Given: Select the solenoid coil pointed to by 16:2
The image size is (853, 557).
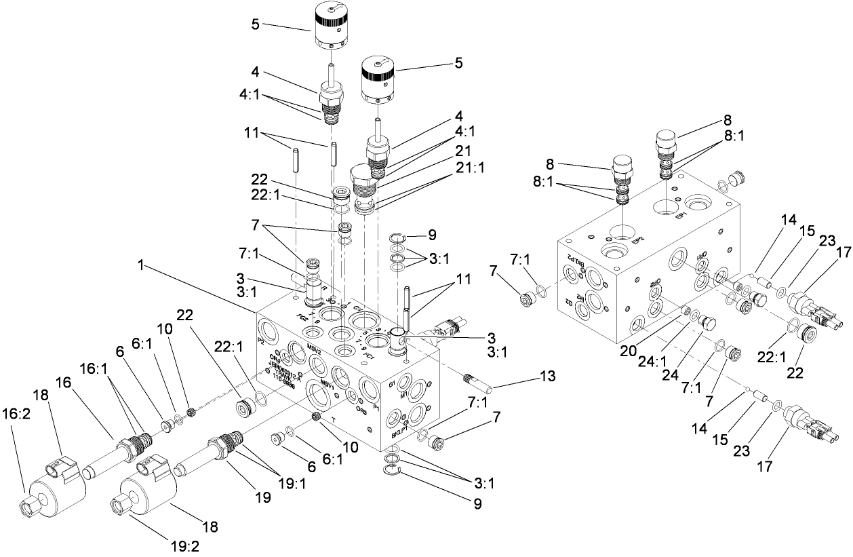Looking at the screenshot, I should coord(57,495).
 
